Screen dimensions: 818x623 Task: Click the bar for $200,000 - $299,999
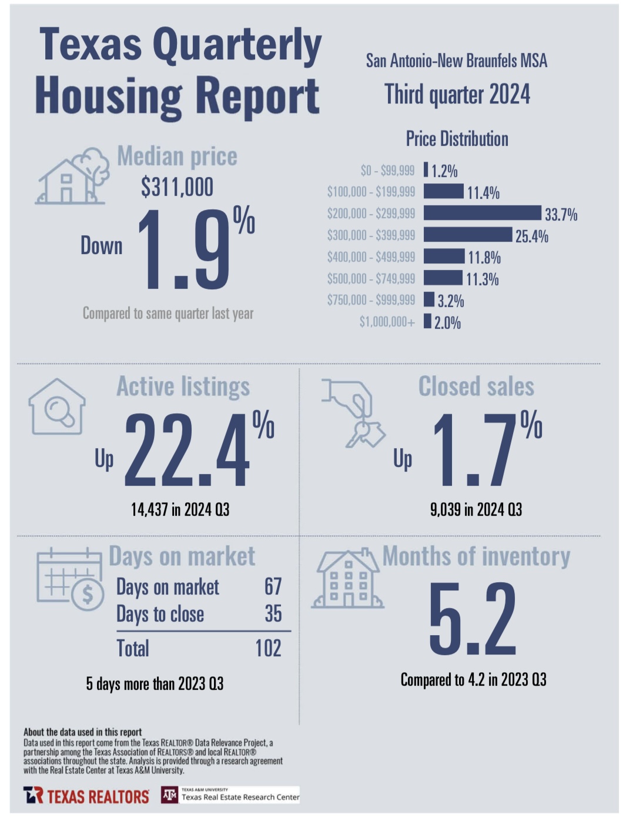(482, 213)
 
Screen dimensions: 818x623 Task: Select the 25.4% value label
(531, 236)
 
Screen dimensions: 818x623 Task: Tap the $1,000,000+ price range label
(387, 322)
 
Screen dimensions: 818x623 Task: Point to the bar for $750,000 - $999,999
(429, 299)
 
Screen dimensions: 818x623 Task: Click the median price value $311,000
(177, 187)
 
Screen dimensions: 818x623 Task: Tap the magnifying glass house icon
(57, 407)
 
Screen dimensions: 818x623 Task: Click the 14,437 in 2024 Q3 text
(180, 509)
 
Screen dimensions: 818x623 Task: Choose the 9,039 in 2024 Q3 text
(476, 509)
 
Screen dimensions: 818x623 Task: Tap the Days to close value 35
(273, 613)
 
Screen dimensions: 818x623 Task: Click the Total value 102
(268, 648)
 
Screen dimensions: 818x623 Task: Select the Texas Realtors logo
(86, 796)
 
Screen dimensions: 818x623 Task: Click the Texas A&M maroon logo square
(169, 795)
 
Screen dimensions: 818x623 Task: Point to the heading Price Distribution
(457, 139)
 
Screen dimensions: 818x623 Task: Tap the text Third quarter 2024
(457, 94)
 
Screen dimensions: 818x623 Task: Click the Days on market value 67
(273, 586)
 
